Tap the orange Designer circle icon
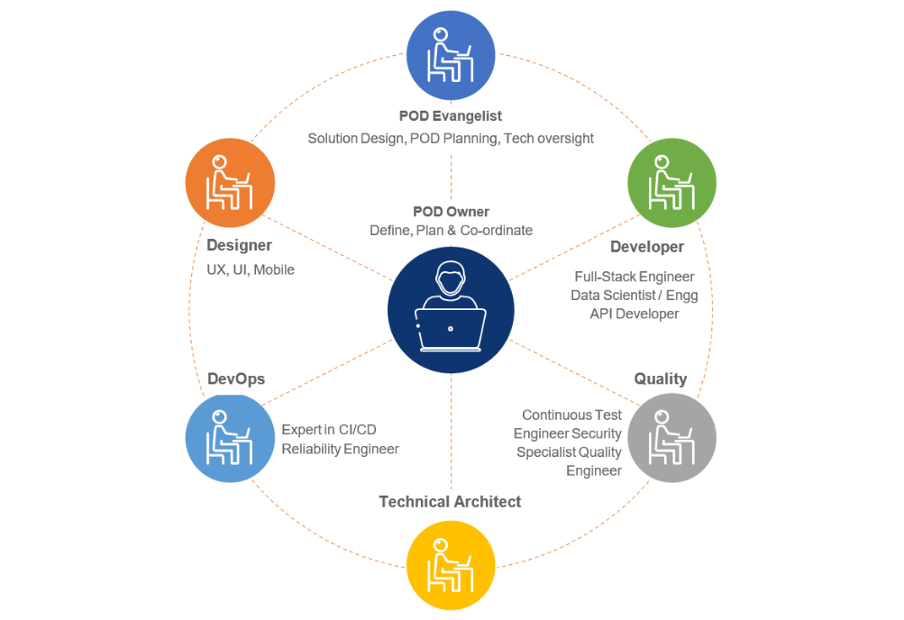click(x=230, y=183)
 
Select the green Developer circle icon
click(x=671, y=183)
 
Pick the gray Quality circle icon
click(x=671, y=439)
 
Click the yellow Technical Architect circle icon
click(x=451, y=567)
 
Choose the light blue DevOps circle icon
click(x=230, y=439)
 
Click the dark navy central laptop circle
click(x=451, y=310)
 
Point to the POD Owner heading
click(x=451, y=212)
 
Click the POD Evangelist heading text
click(x=451, y=116)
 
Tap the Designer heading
click(x=239, y=245)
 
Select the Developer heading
click(x=647, y=247)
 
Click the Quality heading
click(x=661, y=378)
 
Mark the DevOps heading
click(x=236, y=378)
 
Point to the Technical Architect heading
click(x=450, y=502)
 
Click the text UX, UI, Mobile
click(x=251, y=269)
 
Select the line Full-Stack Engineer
click(x=635, y=277)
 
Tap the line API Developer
click(x=635, y=314)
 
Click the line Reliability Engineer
click(x=340, y=449)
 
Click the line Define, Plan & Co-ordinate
click(x=451, y=231)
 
